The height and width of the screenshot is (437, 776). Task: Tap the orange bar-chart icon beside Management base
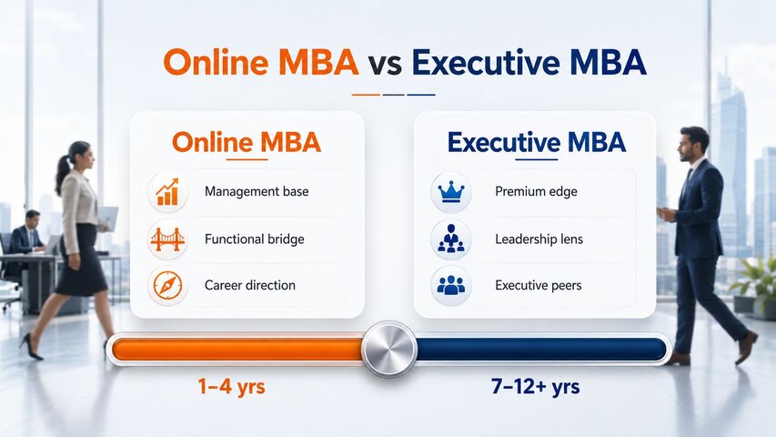coord(167,192)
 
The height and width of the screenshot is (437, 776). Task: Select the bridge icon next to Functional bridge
coord(167,239)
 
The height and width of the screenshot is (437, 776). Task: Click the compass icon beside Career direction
coord(167,285)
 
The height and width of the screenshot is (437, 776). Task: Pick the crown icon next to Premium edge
coord(451,192)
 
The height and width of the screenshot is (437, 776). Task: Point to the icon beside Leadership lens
coord(451,239)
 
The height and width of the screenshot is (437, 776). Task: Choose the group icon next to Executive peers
coord(451,285)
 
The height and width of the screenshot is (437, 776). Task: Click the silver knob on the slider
coord(389,349)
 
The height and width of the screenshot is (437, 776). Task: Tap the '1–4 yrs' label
coord(231,386)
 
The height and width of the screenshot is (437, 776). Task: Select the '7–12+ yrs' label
coord(536,386)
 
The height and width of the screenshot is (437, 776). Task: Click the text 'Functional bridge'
coord(255,239)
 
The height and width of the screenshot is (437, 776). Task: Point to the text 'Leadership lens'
coord(539,239)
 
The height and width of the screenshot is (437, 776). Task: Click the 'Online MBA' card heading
coord(247,143)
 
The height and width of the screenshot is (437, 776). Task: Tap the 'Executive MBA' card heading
coord(537,143)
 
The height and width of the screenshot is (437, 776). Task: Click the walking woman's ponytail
coord(63,172)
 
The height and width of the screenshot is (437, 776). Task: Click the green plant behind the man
coord(755,279)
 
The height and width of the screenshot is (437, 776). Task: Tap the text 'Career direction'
coord(250,285)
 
